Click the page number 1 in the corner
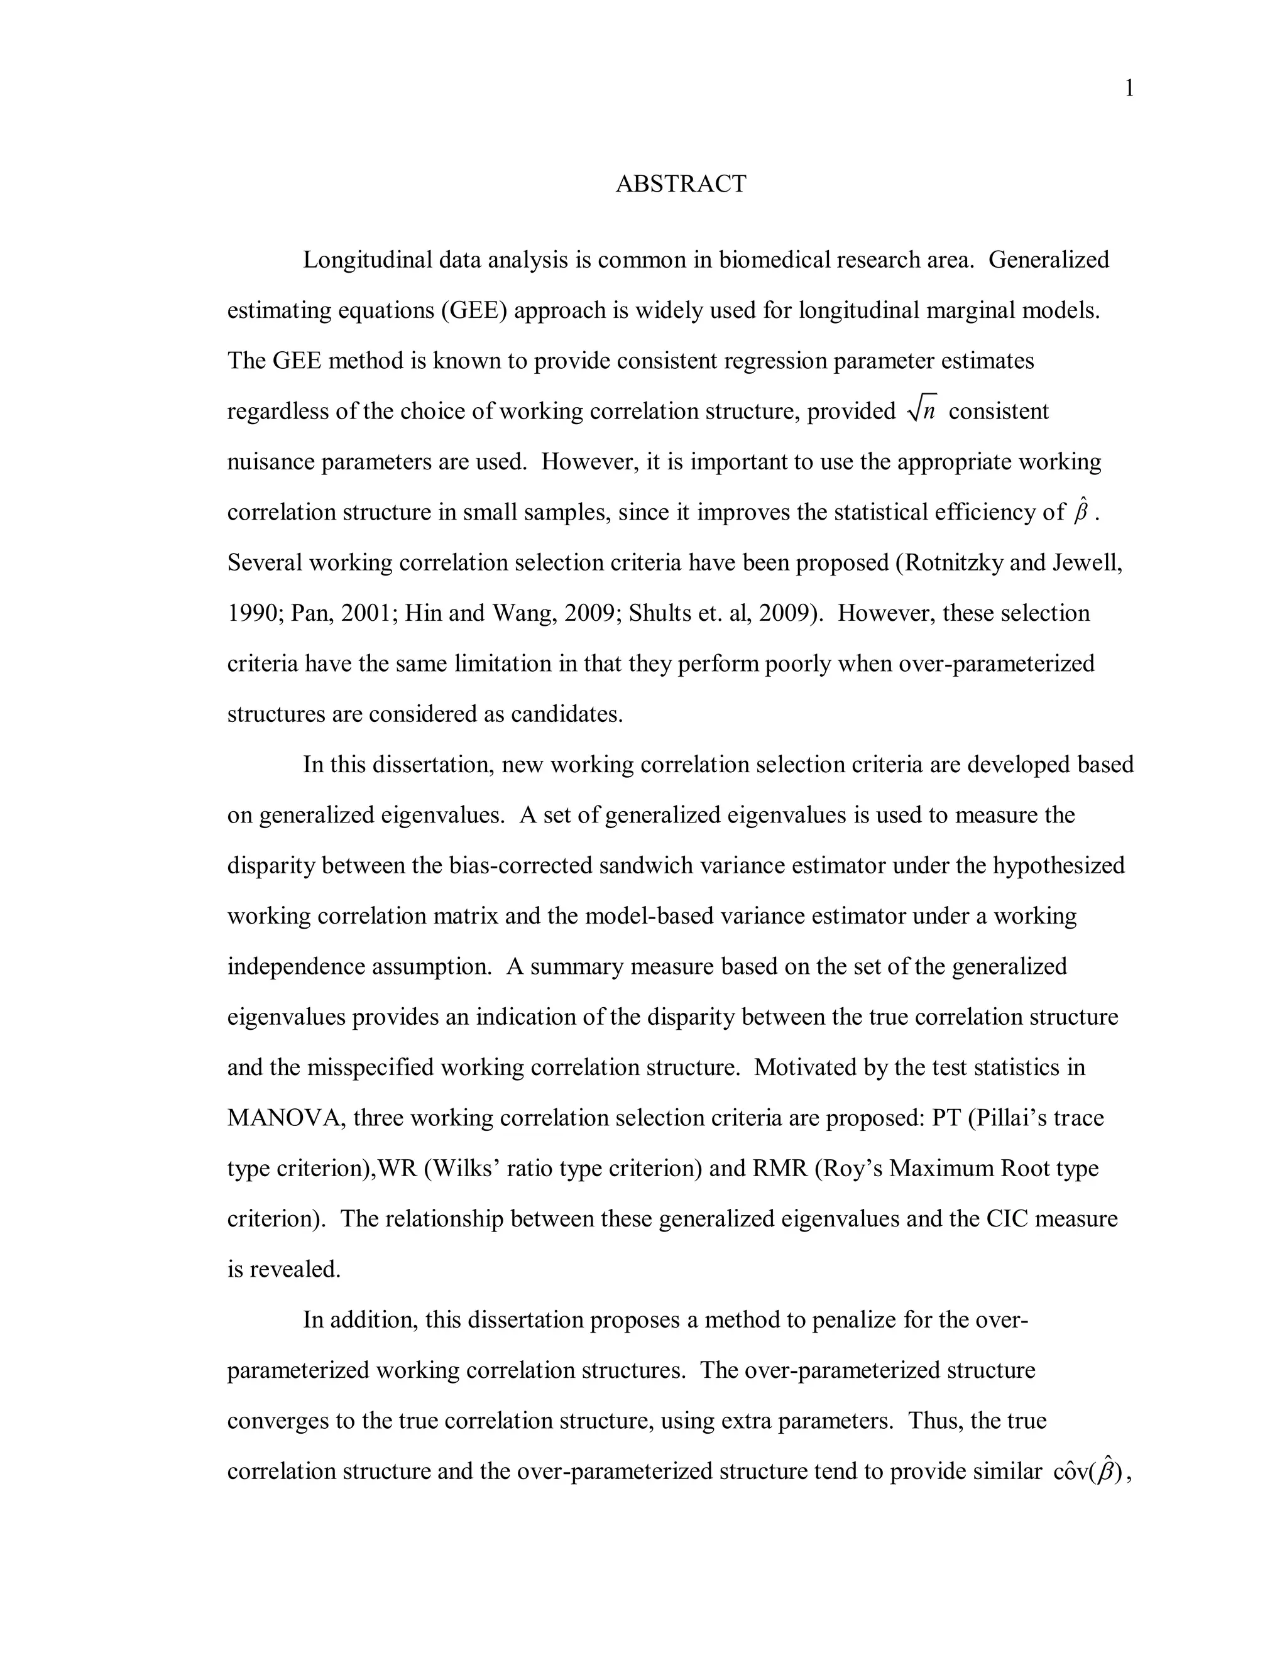[1129, 90]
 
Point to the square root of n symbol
[921, 411]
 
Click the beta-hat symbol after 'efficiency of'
[1080, 511]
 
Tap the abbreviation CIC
[1007, 1219]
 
